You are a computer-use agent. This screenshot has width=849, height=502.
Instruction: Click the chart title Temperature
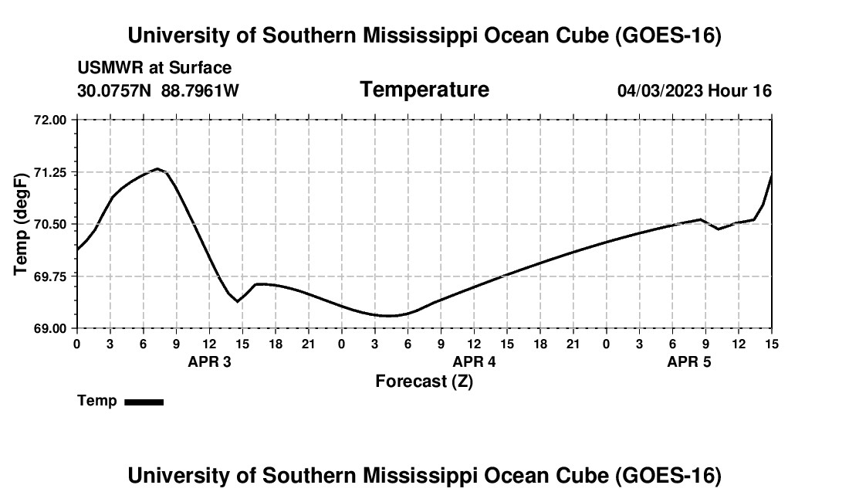(424, 90)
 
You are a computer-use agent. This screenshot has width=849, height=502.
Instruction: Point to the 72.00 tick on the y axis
(50, 120)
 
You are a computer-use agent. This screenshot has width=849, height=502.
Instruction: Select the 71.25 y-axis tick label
(50, 173)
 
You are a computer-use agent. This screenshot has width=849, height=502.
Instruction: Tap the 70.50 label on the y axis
(50, 224)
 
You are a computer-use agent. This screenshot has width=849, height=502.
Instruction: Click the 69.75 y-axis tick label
(50, 276)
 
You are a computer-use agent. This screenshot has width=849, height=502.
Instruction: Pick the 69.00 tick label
(50, 328)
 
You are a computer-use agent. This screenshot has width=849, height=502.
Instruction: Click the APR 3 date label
(209, 361)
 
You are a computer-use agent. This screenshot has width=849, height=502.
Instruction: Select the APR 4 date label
(475, 361)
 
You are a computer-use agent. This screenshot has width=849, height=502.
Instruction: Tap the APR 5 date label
(689, 361)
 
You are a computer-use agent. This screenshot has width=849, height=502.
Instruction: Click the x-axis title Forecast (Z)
(424, 382)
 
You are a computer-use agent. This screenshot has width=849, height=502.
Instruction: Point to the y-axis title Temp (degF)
(21, 224)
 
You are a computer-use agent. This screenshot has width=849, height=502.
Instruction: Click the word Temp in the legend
(97, 401)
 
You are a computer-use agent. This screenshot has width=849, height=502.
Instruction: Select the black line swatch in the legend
(144, 402)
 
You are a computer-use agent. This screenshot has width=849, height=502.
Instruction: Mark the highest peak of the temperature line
(157, 168)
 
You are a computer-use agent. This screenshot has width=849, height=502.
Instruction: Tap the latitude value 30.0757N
(114, 90)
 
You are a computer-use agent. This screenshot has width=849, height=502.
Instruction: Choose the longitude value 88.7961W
(200, 90)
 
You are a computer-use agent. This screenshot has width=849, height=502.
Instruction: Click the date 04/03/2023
(660, 90)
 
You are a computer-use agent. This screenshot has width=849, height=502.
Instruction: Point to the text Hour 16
(739, 90)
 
